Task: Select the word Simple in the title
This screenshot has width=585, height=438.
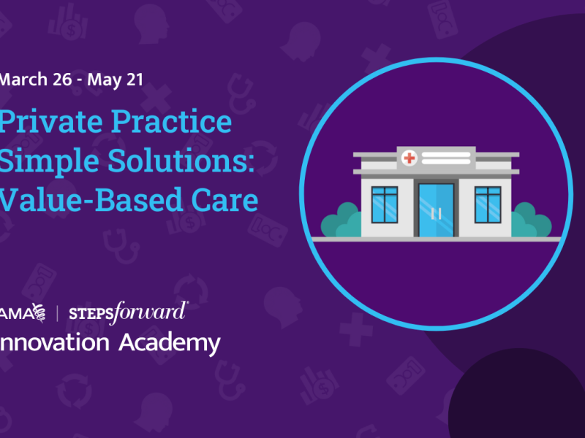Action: (41, 161)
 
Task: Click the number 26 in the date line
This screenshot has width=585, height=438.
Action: (58, 79)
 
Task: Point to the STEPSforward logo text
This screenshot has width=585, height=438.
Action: (127, 313)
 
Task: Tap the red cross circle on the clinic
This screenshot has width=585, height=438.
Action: (410, 157)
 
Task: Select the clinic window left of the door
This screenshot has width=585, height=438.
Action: (385, 204)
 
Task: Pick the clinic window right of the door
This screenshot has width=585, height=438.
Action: (487, 204)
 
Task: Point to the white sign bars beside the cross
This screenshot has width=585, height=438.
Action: (446, 157)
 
